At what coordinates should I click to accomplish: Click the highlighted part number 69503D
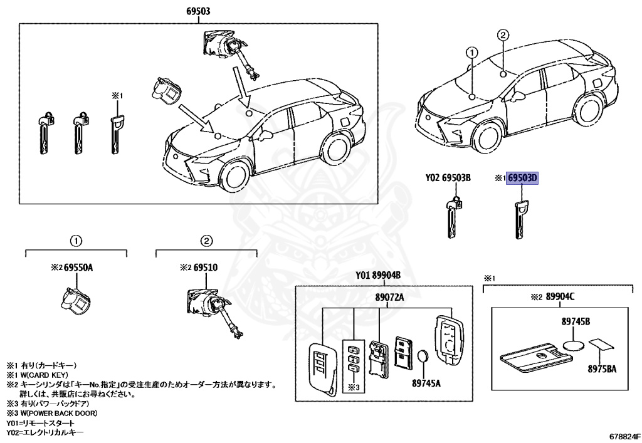[523, 178]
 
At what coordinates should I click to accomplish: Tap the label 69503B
[456, 178]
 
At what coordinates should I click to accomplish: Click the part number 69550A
[81, 268]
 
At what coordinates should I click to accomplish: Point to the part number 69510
[205, 268]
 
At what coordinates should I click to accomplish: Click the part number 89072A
[389, 297]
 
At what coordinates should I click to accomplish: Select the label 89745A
[427, 382]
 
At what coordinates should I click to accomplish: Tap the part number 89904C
[560, 296]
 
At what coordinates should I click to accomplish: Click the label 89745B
[576, 321]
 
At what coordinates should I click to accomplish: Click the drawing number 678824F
[624, 434]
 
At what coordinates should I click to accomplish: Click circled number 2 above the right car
[503, 35]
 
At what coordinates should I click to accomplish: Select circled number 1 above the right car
[471, 53]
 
